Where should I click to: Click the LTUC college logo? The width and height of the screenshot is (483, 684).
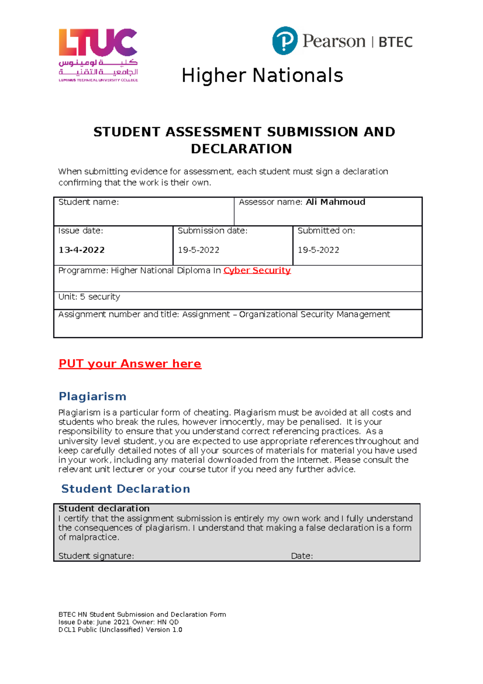tap(98, 55)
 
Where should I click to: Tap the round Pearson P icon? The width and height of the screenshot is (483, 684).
tap(285, 41)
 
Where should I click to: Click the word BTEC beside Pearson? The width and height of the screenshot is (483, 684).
tap(395, 42)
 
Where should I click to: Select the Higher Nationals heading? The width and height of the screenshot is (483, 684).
tap(262, 76)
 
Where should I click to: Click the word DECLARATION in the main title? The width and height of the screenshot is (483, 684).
tap(241, 149)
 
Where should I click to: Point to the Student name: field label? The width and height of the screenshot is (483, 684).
tap(89, 202)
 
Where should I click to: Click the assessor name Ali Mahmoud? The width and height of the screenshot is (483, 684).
tap(335, 202)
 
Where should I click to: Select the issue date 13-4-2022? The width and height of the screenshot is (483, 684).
tap(82, 250)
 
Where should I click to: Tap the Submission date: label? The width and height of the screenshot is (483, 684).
tap(213, 231)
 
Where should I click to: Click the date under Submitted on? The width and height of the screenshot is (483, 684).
tap(318, 250)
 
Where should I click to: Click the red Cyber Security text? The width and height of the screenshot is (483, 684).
tap(257, 270)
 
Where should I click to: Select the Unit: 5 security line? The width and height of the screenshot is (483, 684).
tap(89, 297)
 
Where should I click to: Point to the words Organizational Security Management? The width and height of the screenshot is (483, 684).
tap(314, 314)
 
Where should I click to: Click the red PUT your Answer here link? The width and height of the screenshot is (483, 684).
tap(130, 364)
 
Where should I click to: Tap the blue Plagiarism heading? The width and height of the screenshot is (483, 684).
tap(93, 396)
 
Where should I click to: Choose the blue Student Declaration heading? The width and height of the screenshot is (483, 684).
tap(126, 489)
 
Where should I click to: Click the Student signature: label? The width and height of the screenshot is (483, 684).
tap(96, 556)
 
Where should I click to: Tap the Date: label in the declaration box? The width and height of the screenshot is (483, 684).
tap(301, 556)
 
